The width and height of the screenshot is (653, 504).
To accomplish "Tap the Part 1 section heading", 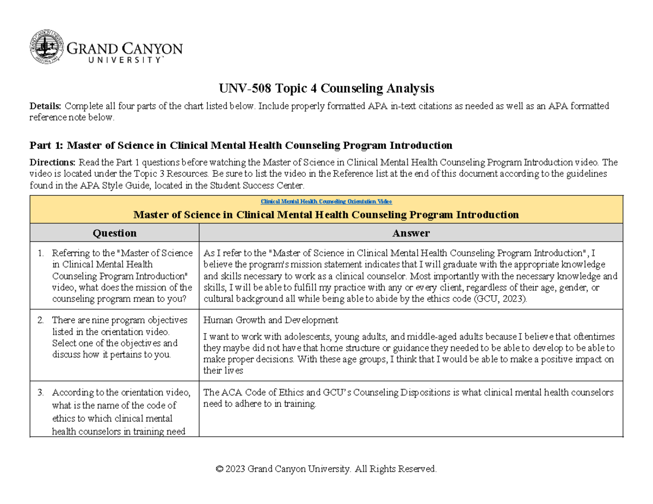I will click(x=241, y=145).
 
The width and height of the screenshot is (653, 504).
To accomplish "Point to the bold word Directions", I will click(x=53, y=162).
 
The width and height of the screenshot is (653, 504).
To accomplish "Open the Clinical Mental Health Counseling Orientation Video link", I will click(x=326, y=201).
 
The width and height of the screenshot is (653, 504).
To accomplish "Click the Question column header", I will click(x=115, y=233).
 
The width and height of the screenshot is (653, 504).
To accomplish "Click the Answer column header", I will click(x=411, y=233).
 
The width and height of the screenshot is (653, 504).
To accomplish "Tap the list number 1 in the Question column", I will click(x=40, y=253).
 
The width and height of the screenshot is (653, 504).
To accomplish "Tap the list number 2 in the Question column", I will click(x=40, y=320).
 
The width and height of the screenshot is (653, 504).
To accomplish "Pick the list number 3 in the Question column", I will click(x=40, y=393).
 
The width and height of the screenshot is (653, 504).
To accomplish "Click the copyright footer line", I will click(x=326, y=469).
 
